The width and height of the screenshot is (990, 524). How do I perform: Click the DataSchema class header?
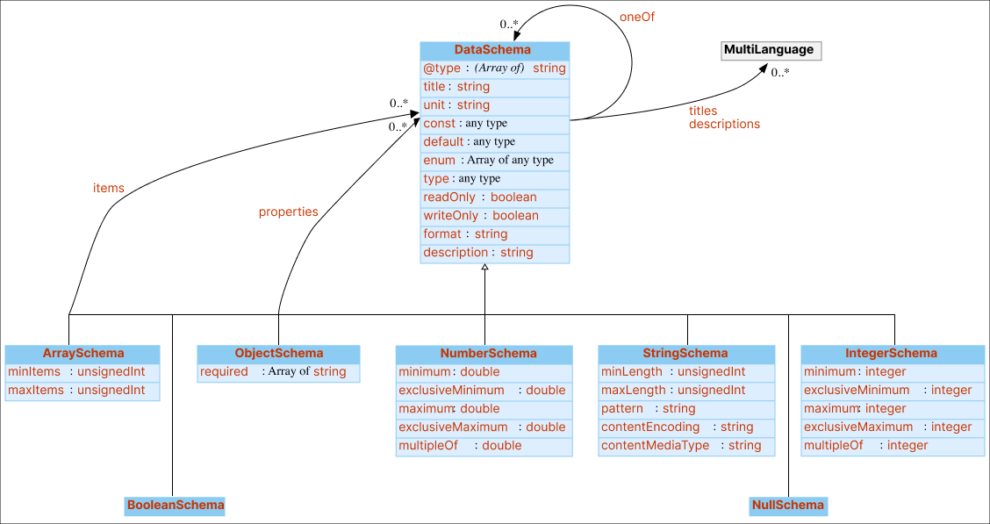[494, 50]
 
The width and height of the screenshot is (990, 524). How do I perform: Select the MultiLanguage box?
[770, 50]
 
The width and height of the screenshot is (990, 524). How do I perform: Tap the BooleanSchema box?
[175, 505]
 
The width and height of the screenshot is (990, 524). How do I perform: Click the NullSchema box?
[788, 505]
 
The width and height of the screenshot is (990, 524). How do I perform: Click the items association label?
[109, 188]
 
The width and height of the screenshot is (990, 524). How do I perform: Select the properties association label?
[288, 212]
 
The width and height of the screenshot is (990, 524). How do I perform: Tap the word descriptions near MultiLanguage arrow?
[724, 124]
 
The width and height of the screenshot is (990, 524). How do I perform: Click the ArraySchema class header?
[82, 354]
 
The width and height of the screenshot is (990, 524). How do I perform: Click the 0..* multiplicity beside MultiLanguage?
[779, 73]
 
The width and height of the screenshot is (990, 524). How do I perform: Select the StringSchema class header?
[686, 354]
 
